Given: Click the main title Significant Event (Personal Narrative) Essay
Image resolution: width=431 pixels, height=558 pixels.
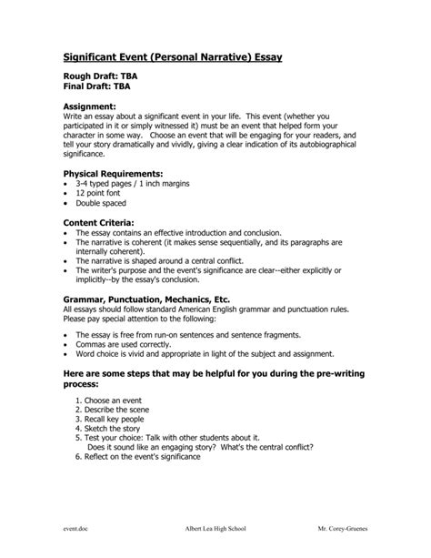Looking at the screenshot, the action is [x=172, y=57].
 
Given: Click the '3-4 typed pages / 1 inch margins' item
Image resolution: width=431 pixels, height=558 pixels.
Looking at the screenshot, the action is [x=138, y=184].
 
